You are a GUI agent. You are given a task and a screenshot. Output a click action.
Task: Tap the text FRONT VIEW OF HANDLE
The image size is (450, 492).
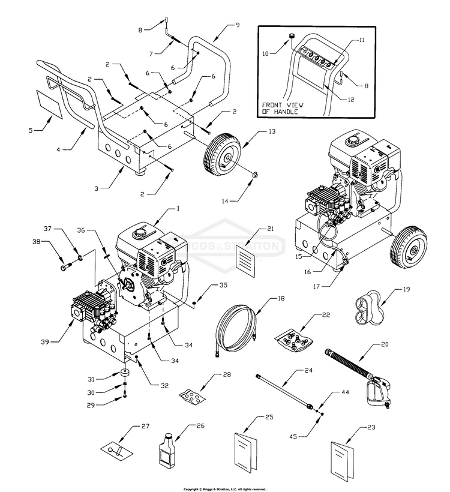tap(282, 108)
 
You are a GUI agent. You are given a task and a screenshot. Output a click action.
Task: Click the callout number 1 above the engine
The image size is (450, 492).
tap(178, 209)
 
